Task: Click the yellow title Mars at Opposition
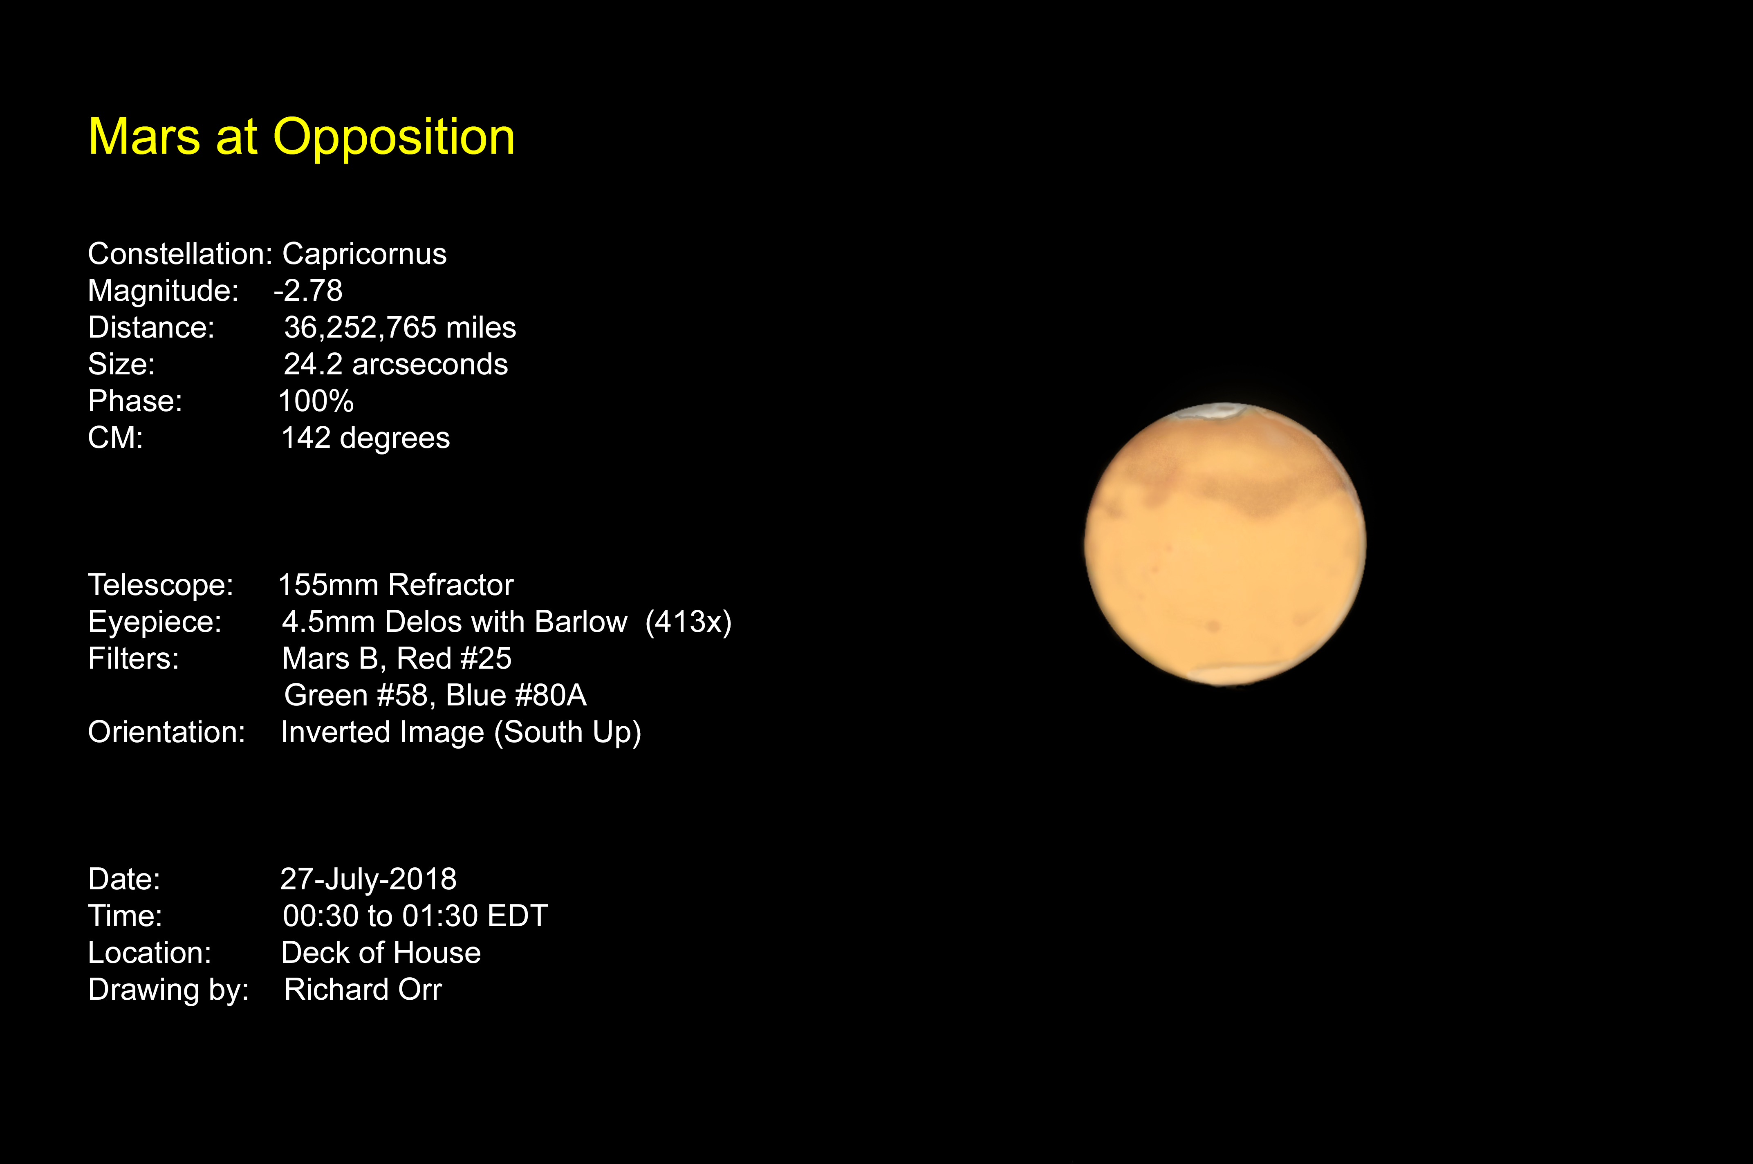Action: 301,138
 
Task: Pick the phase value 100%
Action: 316,401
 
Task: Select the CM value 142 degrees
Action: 365,438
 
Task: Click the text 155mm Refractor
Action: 396,585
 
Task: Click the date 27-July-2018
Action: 368,879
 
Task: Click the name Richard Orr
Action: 363,989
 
